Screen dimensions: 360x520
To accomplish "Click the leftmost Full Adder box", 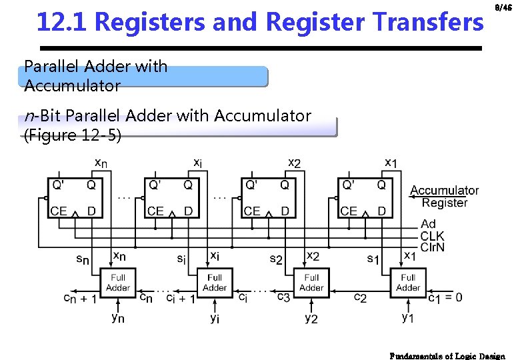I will (118, 283).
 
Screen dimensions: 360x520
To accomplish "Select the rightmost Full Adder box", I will (408, 283).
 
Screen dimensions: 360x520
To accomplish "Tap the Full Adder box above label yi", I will (215, 283).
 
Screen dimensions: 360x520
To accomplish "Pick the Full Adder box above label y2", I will (311, 283).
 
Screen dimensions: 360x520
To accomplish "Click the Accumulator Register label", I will (445, 197).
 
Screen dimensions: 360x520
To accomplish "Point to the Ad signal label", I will (429, 225).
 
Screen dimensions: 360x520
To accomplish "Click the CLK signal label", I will (433, 236).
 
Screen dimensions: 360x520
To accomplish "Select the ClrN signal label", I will (433, 247).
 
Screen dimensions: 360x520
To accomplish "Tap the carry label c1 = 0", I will (444, 297).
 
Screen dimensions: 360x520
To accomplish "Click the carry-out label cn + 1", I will (80, 299).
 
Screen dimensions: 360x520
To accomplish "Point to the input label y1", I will (407, 318).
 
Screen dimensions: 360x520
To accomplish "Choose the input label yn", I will (117, 318).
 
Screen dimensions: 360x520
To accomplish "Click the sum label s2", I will (275, 258).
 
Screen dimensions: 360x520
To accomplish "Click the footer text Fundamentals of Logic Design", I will (447, 356).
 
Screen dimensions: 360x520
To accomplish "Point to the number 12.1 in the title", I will (63, 23).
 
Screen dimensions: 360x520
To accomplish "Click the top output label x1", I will (393, 162).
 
